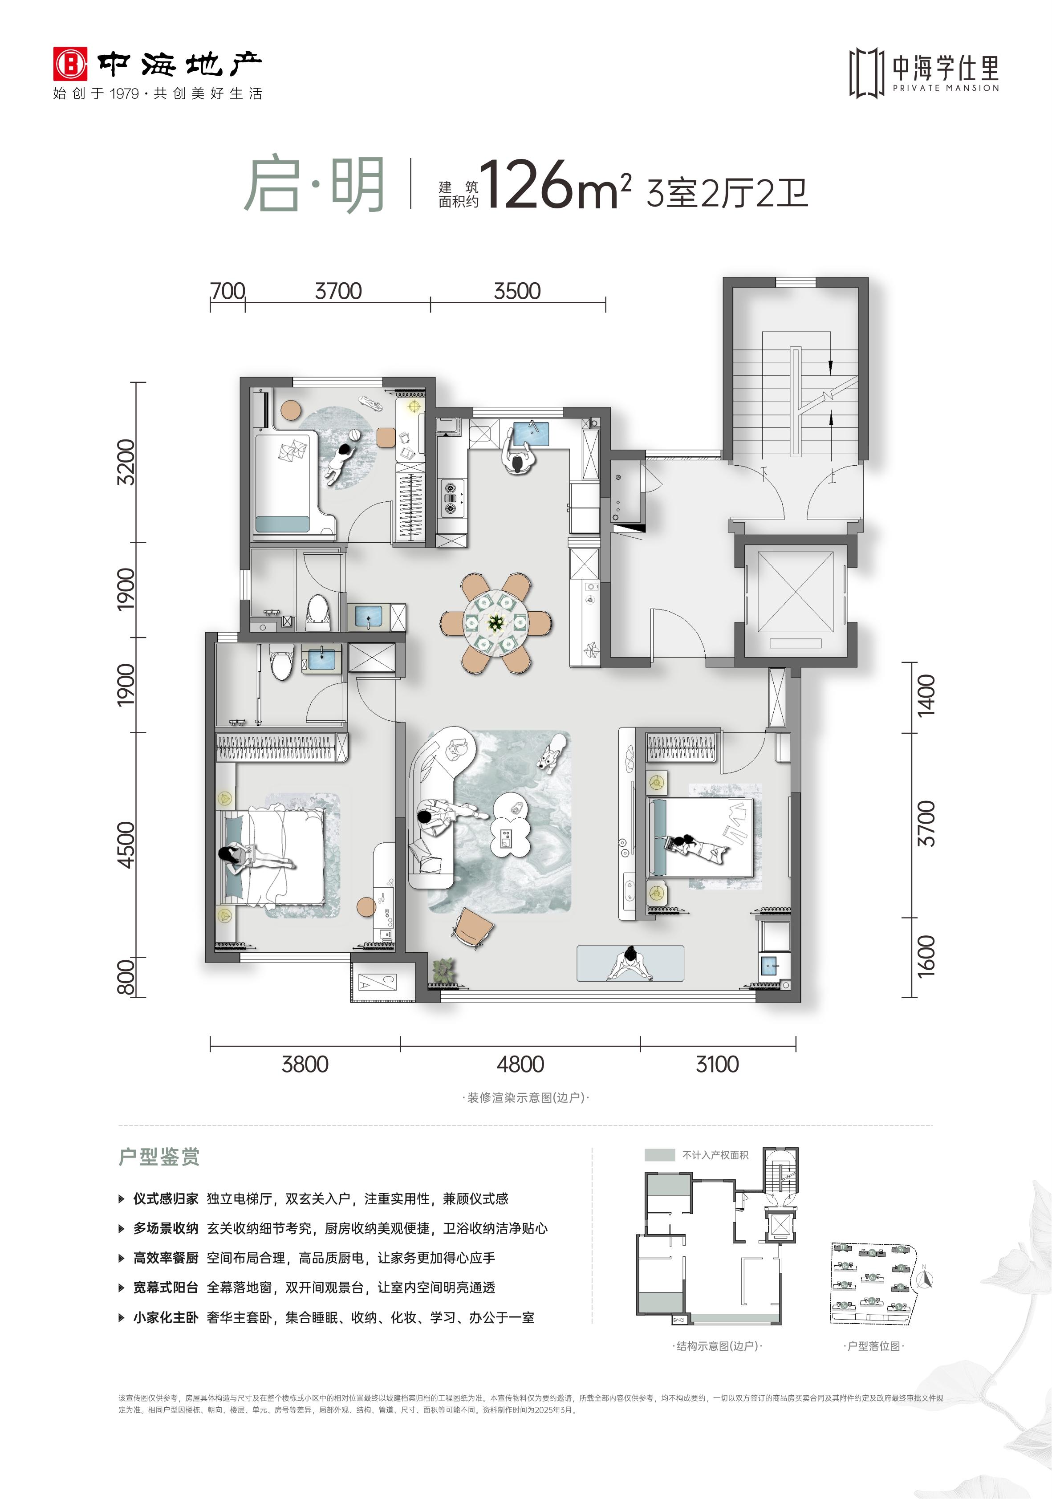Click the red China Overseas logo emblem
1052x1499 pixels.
point(70,64)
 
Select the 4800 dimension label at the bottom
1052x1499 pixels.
point(520,1065)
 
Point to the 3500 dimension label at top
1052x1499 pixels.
point(517,291)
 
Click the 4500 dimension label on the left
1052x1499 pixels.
point(126,845)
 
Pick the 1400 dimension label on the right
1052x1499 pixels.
point(926,696)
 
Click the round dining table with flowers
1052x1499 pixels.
point(496,623)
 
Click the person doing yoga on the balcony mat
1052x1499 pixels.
point(630,963)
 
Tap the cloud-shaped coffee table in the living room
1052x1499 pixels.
point(510,825)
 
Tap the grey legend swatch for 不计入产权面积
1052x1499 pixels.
point(659,1155)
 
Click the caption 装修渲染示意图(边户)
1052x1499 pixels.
point(526,1097)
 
